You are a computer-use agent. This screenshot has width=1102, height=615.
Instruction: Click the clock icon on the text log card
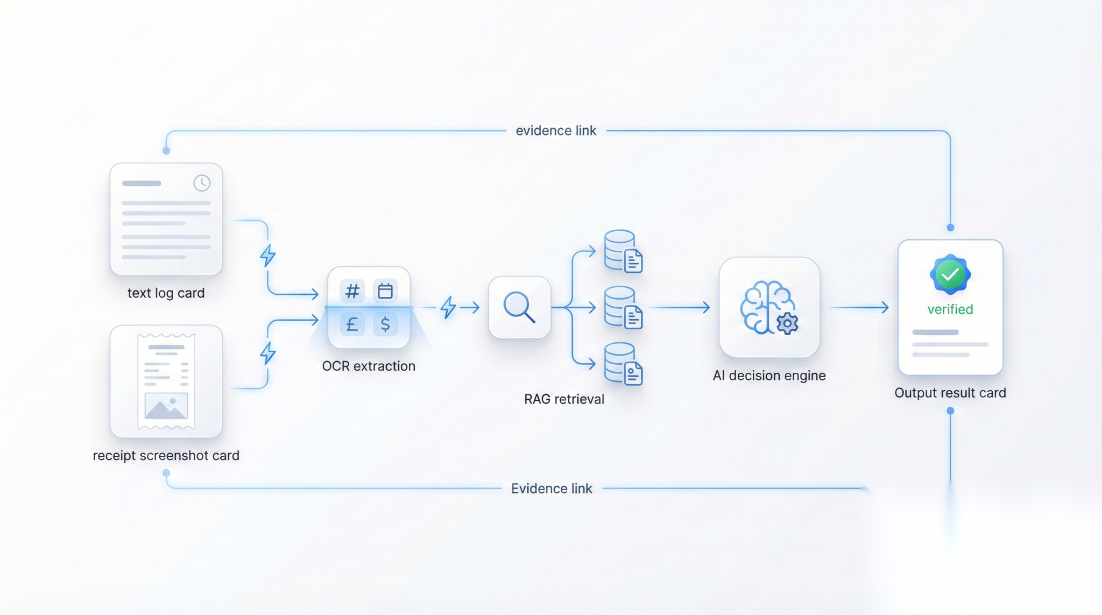click(x=202, y=183)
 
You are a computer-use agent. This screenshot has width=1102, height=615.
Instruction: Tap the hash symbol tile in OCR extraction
click(x=352, y=291)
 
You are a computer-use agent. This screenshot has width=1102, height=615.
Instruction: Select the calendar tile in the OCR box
click(x=385, y=291)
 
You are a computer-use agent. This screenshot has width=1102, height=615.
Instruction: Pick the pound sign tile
click(x=352, y=324)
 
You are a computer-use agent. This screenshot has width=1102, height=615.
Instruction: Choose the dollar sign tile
click(x=385, y=324)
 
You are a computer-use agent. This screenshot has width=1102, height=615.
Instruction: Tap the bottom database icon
click(x=623, y=364)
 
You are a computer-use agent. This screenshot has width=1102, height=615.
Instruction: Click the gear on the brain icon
click(x=787, y=323)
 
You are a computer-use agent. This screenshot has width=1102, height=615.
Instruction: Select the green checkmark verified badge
click(x=950, y=274)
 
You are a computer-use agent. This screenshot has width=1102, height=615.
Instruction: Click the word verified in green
click(x=950, y=309)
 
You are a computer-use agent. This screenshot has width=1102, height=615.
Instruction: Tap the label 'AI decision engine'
click(x=769, y=376)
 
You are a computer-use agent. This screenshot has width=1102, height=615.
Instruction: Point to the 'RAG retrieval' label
click(x=564, y=399)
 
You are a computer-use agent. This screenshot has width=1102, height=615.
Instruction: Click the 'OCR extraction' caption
click(x=369, y=366)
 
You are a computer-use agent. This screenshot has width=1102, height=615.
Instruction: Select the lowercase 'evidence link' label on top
click(x=556, y=131)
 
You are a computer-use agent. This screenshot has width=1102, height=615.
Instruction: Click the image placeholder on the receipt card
click(x=166, y=406)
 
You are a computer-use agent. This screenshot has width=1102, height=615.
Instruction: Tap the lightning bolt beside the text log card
click(x=268, y=256)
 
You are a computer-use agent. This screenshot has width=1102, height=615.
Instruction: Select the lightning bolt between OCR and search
click(x=448, y=307)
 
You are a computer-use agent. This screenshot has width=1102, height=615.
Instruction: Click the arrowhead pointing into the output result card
click(x=885, y=307)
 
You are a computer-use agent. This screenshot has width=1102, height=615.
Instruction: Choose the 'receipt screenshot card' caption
click(x=166, y=456)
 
